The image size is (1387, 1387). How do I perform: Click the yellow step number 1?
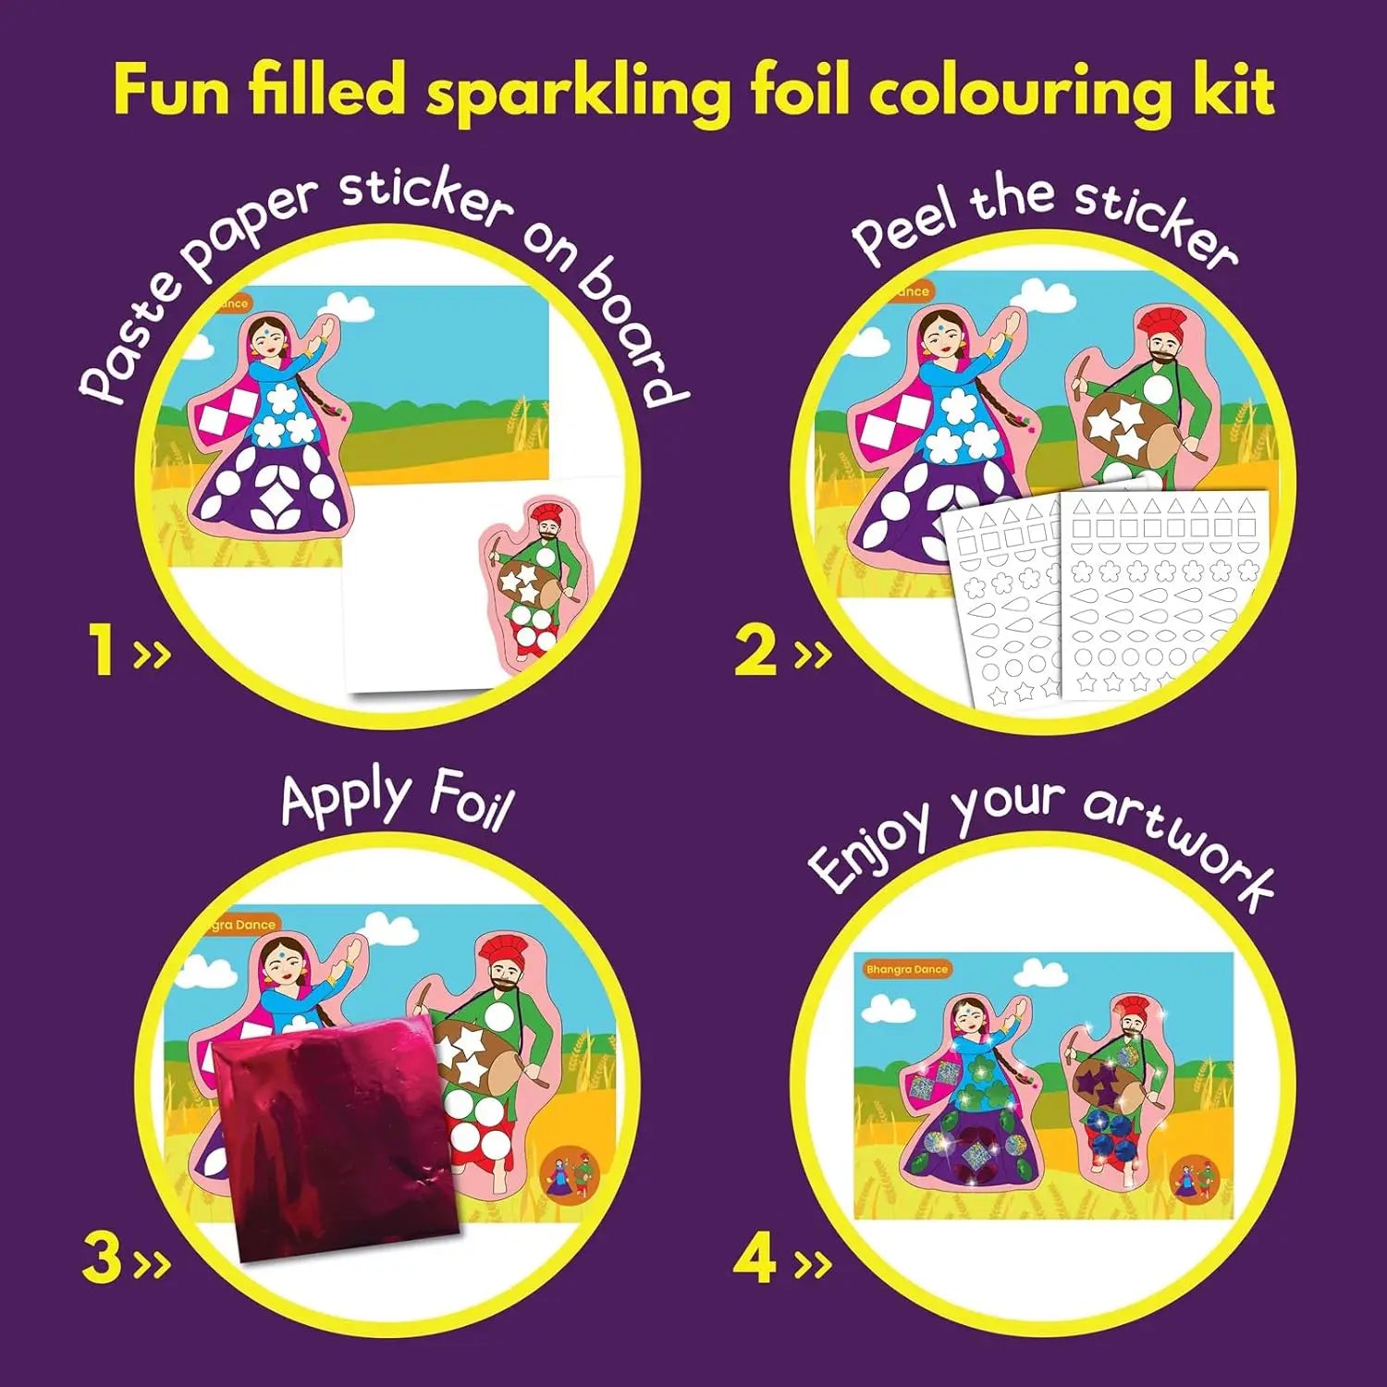(x=103, y=649)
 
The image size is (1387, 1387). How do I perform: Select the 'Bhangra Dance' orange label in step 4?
(x=907, y=969)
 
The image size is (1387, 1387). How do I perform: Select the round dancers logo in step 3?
(x=569, y=1172)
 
